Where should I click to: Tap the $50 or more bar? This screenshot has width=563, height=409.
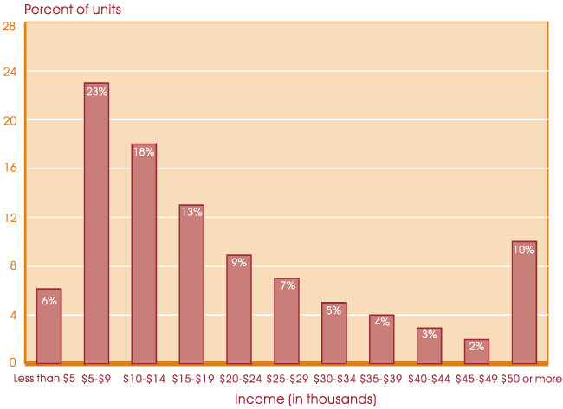point(524,302)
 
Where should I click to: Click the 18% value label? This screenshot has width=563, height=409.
point(144,152)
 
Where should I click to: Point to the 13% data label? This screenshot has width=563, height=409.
point(191,212)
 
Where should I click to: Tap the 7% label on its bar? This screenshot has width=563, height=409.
point(287,285)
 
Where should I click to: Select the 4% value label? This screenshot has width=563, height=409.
point(382,322)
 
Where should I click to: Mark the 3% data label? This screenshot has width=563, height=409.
point(429,334)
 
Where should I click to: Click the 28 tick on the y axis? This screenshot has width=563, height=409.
point(10,26)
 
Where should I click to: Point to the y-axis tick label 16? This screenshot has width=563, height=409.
point(10,169)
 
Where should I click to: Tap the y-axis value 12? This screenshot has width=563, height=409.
point(10,217)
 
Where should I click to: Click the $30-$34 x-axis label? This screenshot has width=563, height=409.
point(333,378)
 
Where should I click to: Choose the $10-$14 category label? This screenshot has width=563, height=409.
point(143,378)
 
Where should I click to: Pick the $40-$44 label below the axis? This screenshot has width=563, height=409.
point(429,378)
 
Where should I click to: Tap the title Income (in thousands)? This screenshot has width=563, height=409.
point(306,399)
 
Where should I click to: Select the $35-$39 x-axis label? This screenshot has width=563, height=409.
point(381,378)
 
